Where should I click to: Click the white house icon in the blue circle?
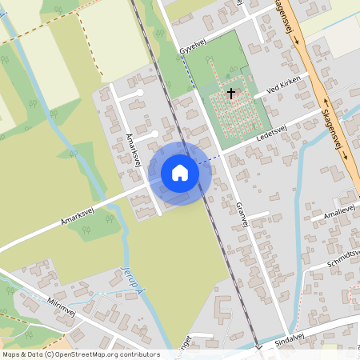(180, 173)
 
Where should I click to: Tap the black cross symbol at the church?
(231, 93)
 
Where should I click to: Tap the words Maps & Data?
(20, 354)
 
